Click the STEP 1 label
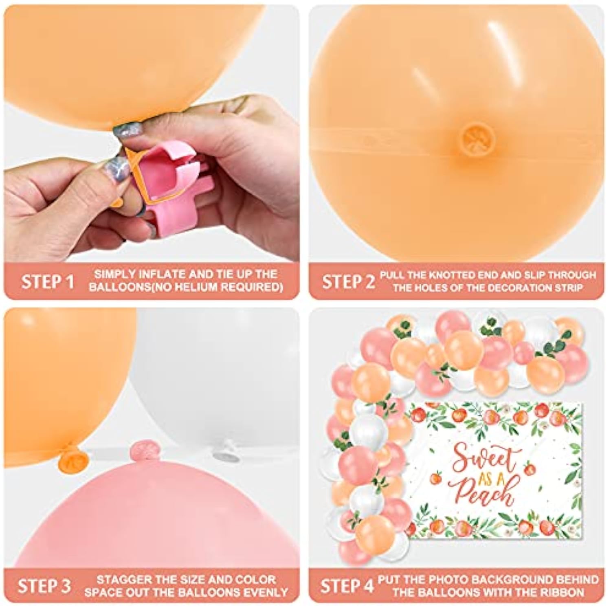(48, 281)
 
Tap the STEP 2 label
(348, 281)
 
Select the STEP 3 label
(44, 586)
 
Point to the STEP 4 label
(347, 586)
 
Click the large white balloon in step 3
(220, 379)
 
